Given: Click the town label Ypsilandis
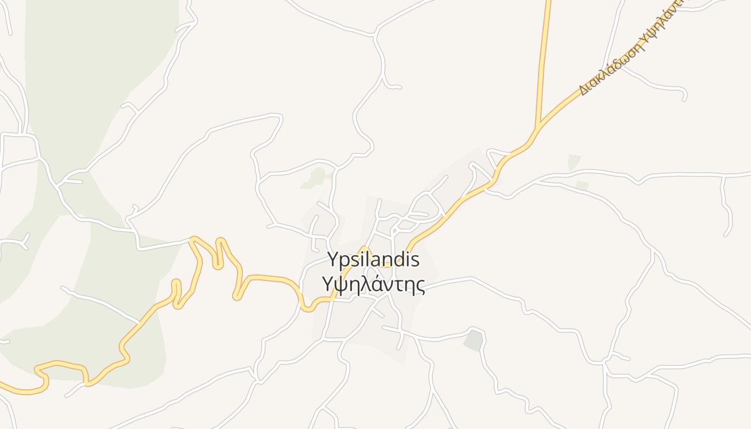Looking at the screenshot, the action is [373, 261].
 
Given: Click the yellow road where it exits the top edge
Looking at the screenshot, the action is [548, 2].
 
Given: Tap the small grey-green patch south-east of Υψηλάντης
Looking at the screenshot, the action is [474, 341].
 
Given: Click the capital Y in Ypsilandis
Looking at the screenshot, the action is [333, 261].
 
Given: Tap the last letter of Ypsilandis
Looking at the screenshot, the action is [414, 261].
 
